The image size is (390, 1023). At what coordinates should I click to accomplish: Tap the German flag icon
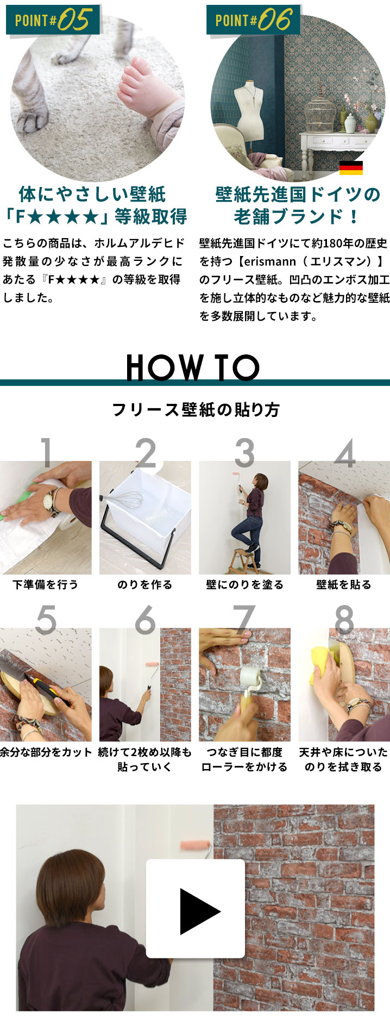point(350,168)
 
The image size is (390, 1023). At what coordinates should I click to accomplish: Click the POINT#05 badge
point(53,20)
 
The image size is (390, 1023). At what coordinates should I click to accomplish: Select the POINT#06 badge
point(253,20)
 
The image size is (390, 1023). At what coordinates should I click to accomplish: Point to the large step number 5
point(46,619)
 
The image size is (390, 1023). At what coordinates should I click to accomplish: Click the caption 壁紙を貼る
point(344,584)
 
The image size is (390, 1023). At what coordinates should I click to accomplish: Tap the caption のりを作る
point(145,584)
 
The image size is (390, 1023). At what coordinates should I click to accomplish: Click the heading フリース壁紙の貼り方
point(196,410)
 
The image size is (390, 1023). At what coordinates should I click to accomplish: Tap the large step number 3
point(244,452)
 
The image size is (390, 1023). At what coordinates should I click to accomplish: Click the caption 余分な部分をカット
point(46,752)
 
